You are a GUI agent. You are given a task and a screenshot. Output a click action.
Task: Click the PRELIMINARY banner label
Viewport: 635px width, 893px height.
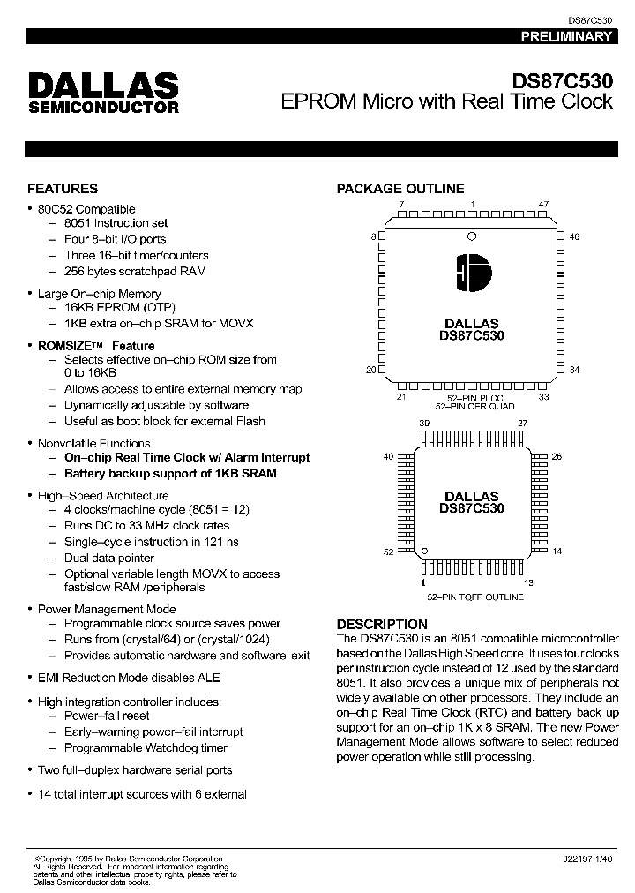[565, 37]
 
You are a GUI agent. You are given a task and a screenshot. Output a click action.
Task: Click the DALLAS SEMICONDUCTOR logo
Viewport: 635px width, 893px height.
[103, 93]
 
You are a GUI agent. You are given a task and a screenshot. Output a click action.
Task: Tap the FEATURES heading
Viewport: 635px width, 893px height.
[63, 189]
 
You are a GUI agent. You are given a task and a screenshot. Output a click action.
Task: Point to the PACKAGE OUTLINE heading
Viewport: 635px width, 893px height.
[400, 189]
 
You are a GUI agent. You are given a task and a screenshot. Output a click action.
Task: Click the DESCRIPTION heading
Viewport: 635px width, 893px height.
[382, 624]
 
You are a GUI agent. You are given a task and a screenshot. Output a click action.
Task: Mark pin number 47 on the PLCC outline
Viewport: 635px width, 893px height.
[543, 205]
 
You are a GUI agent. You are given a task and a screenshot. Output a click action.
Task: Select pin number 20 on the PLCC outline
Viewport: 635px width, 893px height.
[371, 370]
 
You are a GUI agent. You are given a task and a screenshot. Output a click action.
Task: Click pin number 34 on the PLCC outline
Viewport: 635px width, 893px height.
[574, 370]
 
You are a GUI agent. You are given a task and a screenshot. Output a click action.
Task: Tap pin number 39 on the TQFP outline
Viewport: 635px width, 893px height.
[424, 424]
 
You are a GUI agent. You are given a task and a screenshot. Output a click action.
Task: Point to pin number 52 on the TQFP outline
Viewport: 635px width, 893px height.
[388, 552]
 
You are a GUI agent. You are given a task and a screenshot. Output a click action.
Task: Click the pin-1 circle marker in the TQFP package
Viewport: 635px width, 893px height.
[425, 551]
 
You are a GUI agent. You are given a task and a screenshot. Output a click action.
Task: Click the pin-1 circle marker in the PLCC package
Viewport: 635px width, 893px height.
[472, 236]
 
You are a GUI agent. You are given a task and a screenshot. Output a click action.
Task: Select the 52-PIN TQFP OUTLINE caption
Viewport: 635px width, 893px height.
[474, 597]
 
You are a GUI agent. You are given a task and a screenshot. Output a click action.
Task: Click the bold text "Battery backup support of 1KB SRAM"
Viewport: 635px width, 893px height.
[170, 473]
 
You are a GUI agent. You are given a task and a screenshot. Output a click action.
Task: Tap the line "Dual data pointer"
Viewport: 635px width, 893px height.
[109, 558]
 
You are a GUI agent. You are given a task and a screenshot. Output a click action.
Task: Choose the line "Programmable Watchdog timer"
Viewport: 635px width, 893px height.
[146, 747]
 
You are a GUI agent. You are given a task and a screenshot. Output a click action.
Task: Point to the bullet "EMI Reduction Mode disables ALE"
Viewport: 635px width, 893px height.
[129, 678]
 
